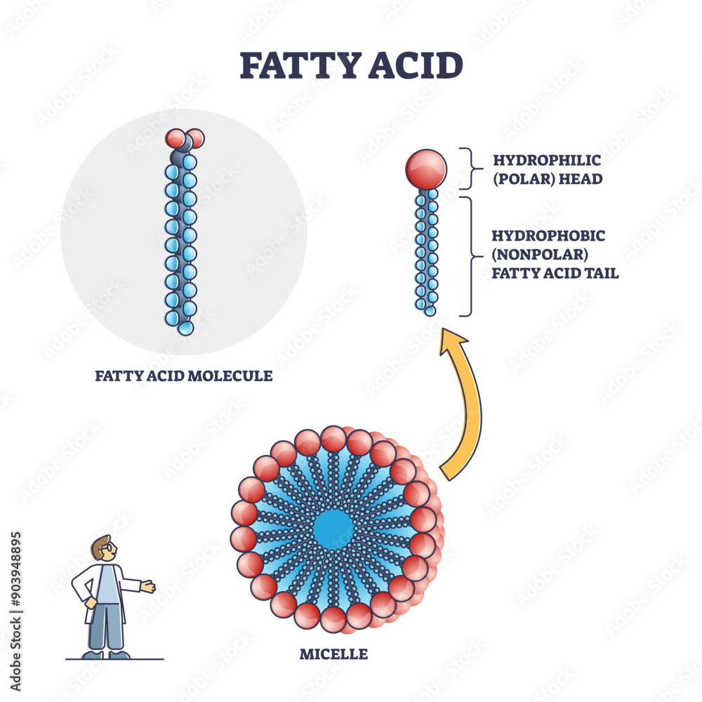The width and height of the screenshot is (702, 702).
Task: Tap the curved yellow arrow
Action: (463, 407)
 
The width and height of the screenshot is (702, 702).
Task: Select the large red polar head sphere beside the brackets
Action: (425, 169)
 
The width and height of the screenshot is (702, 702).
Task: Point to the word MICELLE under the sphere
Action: (333, 654)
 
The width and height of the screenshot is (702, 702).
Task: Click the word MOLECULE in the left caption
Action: (236, 376)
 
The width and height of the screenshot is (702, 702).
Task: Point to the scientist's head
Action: (103, 549)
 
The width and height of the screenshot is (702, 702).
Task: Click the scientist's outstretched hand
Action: (147, 586)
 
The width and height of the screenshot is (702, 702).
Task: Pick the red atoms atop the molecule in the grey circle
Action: (185, 138)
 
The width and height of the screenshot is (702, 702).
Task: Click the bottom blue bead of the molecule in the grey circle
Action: (185, 328)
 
